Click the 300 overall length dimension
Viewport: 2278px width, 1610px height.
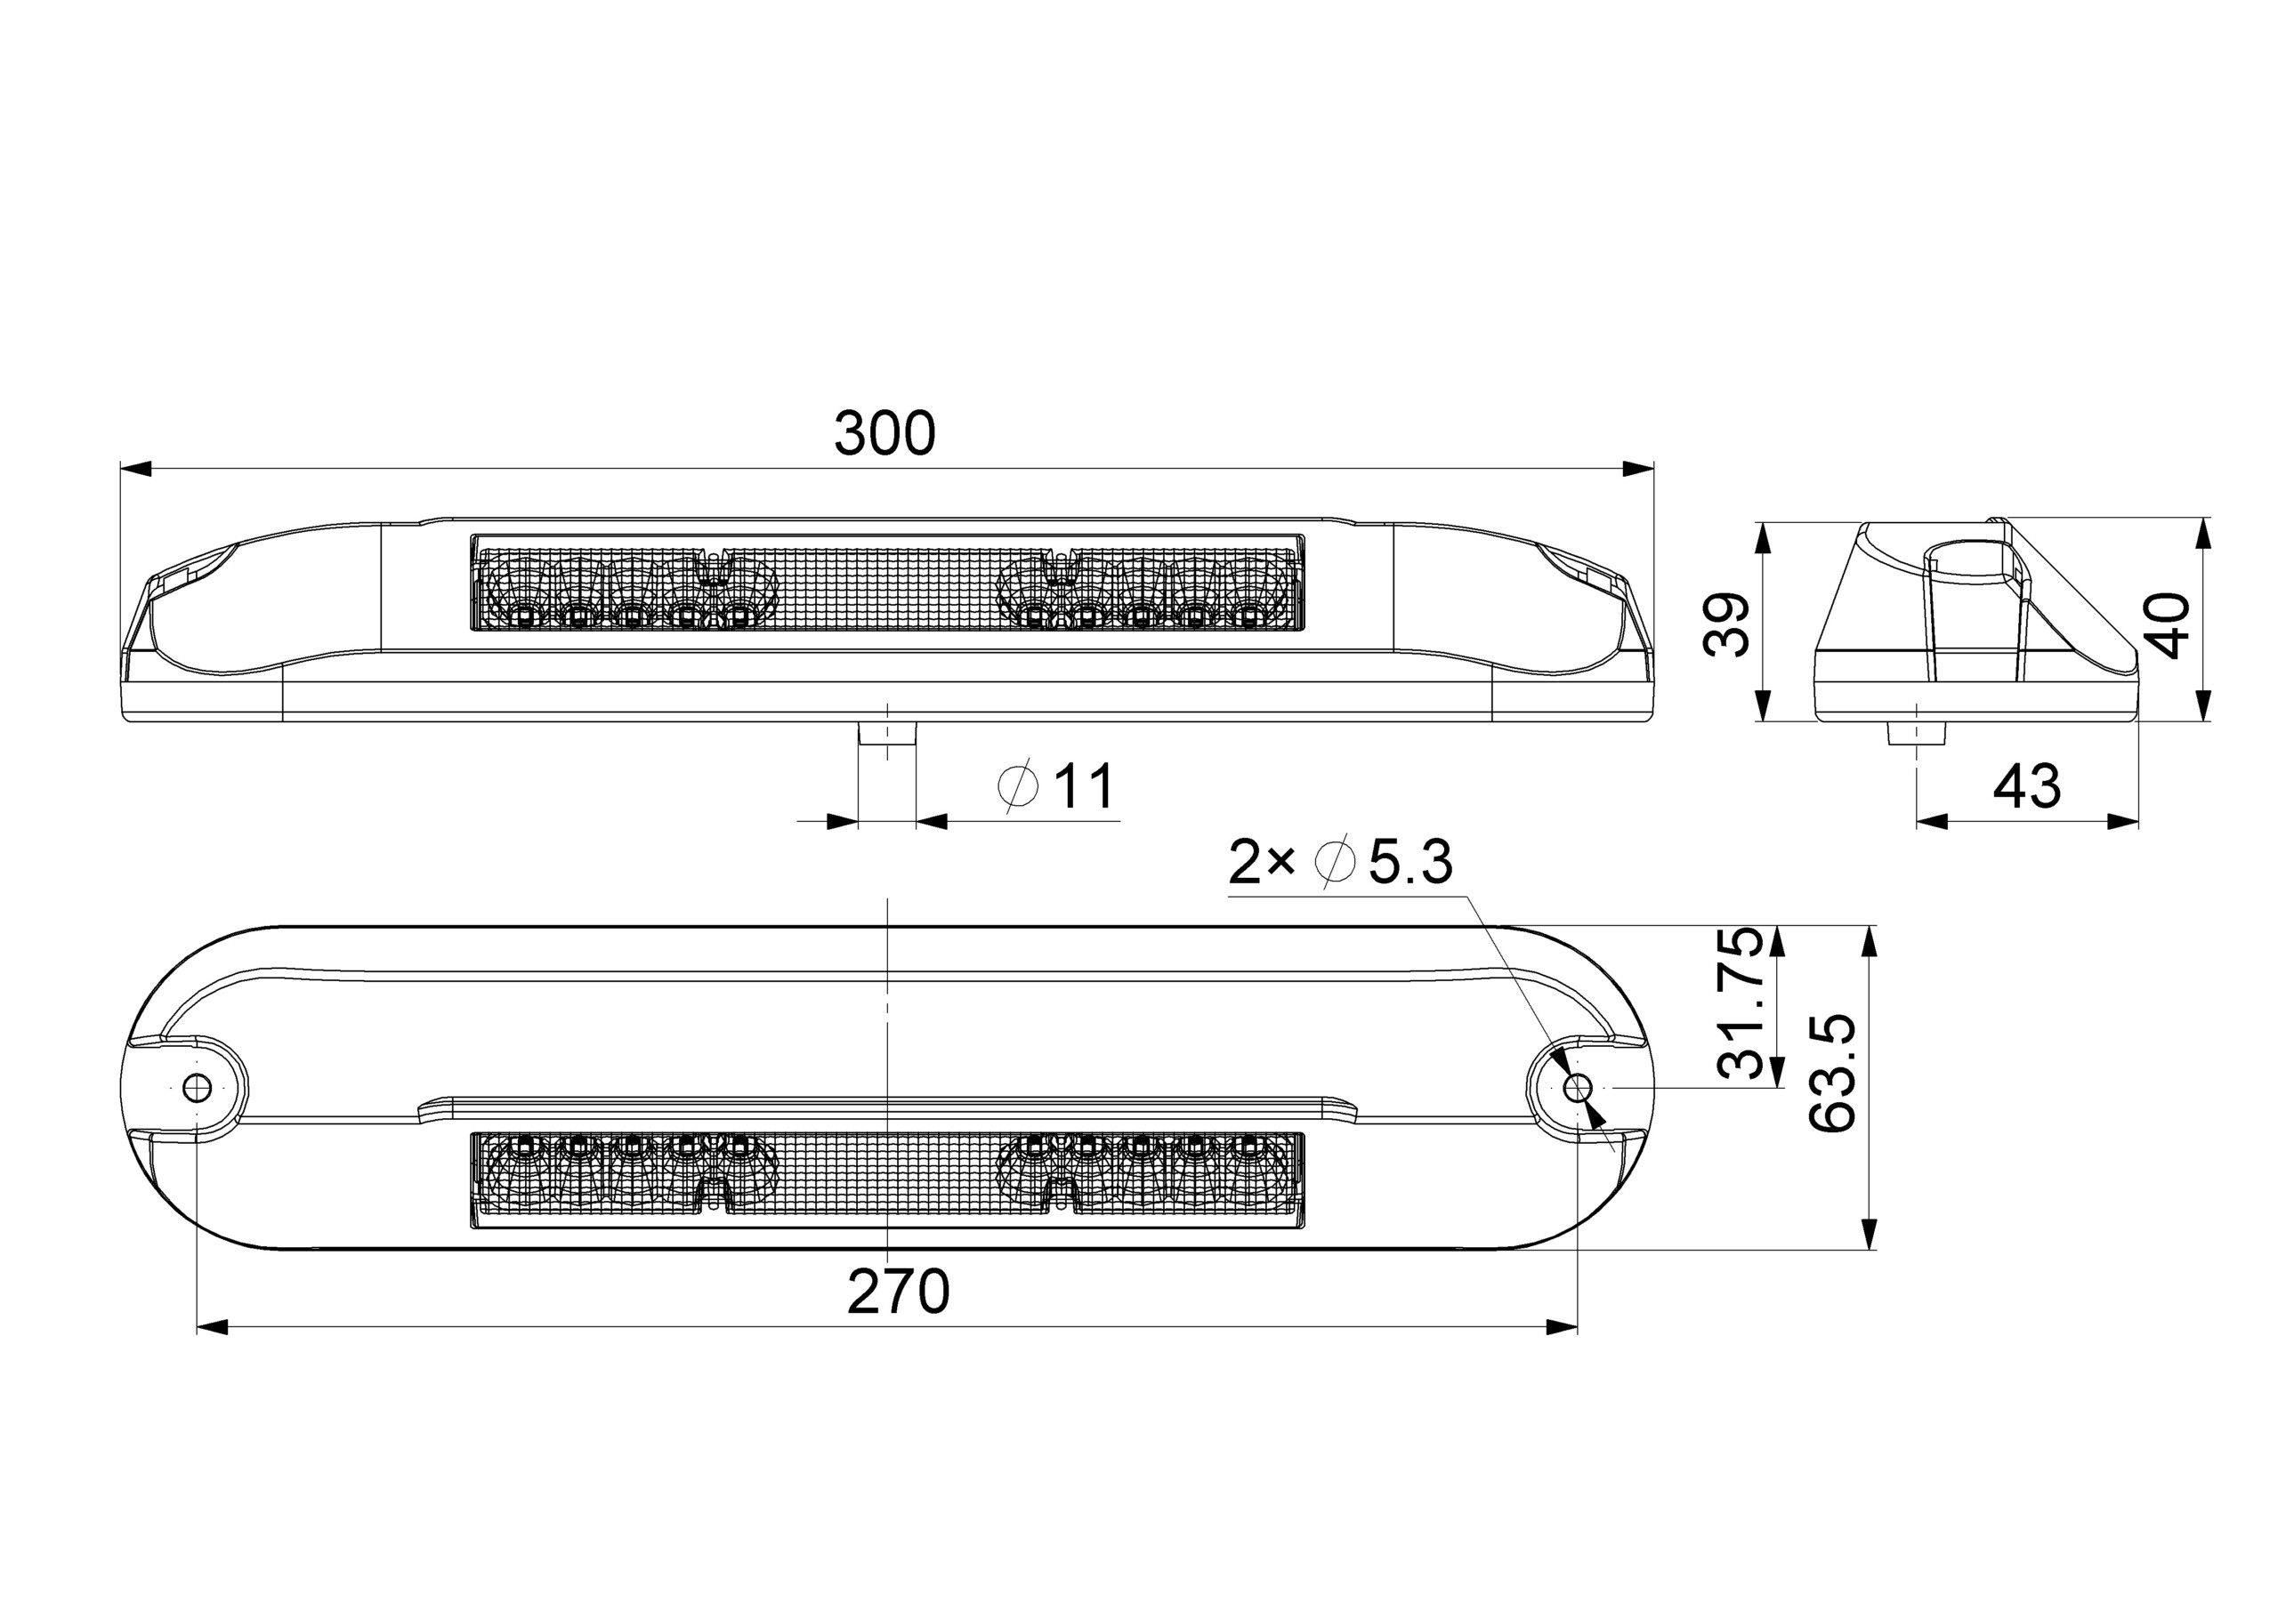pyautogui.click(x=883, y=433)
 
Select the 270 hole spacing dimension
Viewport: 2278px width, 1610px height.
pyautogui.click(x=898, y=1292)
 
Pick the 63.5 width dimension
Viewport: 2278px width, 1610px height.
pyautogui.click(x=1831, y=1074)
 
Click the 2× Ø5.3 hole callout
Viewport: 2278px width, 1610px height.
pyautogui.click(x=1339, y=861)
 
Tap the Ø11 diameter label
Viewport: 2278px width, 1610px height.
pyautogui.click(x=1058, y=786)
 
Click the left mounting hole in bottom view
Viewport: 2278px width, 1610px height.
pyautogui.click(x=198, y=1087)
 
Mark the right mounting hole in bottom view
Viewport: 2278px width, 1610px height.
pyautogui.click(x=1577, y=1087)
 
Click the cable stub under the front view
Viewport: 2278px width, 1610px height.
pyautogui.click(x=887, y=734)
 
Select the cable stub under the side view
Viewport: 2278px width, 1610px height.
pyautogui.click(x=1916, y=734)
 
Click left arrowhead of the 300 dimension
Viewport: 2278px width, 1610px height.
pyautogui.click(x=135, y=468)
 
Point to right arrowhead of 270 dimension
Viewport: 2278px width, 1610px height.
pyautogui.click(x=1563, y=1327)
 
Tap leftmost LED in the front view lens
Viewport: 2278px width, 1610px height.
pyautogui.click(x=525, y=617)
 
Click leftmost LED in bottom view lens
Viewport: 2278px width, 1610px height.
pyautogui.click(x=525, y=1146)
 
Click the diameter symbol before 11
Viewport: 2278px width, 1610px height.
pyautogui.click(x=1018, y=786)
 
